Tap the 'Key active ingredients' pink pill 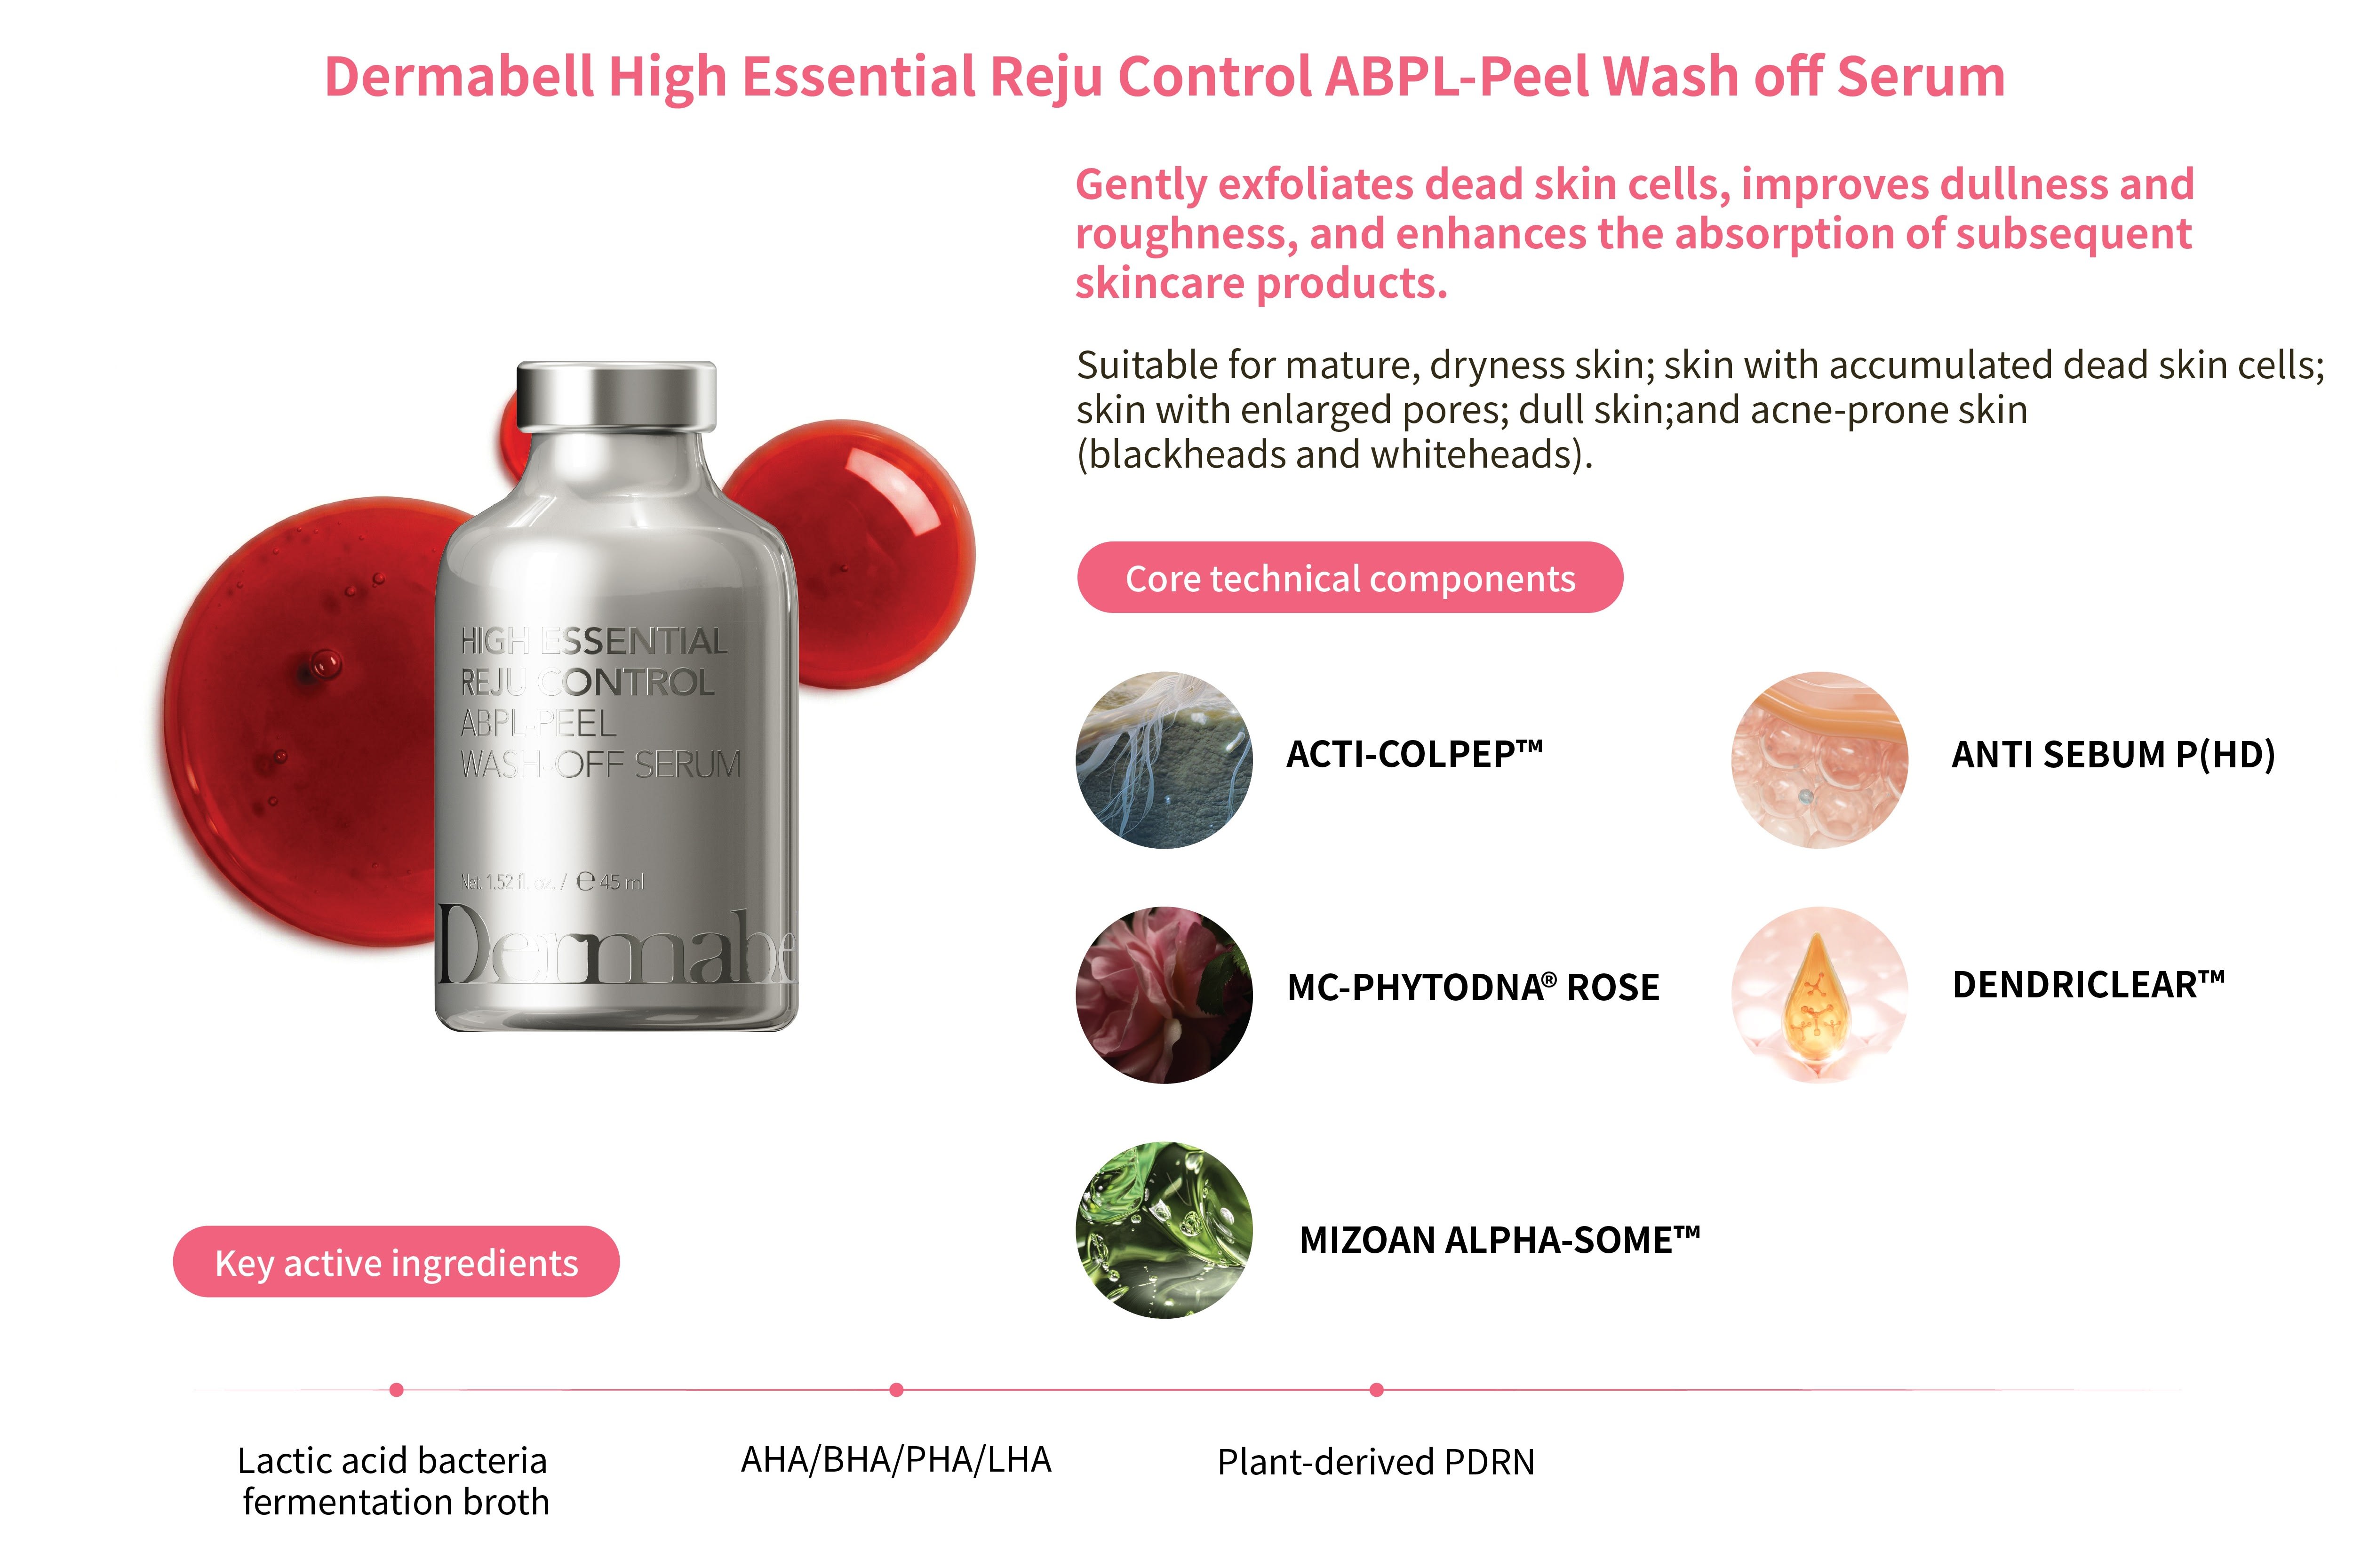[x=396, y=1262]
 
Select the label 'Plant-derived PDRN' [x=1376, y=1462]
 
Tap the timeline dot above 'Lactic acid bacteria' [x=396, y=1390]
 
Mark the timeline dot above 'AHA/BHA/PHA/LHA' [x=896, y=1390]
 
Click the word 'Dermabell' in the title [x=460, y=76]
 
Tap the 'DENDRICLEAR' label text [x=2088, y=985]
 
